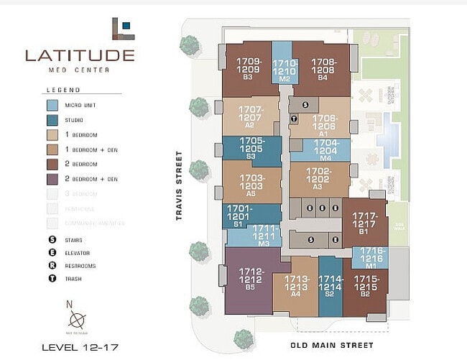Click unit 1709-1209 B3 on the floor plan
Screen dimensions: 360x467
pos(247,69)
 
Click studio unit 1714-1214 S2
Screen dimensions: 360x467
pos(330,286)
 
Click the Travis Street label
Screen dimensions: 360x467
pos(182,185)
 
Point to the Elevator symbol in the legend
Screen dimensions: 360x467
pos(52,253)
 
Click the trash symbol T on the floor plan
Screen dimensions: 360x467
pos(293,119)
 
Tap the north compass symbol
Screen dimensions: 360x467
pos(77,318)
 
